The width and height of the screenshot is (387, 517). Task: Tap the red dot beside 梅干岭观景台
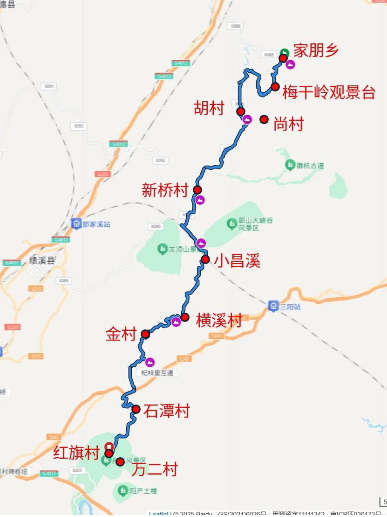coord(275,86)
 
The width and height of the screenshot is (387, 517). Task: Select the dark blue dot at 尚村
coord(264,119)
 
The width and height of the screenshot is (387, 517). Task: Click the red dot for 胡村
coord(241,111)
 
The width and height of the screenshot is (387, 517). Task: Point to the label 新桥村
coord(165,190)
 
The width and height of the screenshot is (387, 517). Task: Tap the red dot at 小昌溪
coord(205,259)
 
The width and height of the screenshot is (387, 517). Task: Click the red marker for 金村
coord(145,334)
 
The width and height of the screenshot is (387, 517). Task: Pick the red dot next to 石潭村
coord(136,409)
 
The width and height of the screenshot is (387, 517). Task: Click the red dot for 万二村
coord(120,462)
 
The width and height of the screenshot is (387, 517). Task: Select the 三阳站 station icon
coord(273,307)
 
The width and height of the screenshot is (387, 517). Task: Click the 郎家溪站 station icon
coord(76,224)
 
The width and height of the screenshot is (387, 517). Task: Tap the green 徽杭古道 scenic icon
coord(290,165)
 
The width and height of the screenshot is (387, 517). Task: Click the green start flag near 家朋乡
coord(285,52)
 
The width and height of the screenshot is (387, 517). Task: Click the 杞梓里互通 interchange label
coord(159,373)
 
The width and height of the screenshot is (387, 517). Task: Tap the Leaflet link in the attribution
coord(159,514)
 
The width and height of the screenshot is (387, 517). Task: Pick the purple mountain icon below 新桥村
coord(200,200)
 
